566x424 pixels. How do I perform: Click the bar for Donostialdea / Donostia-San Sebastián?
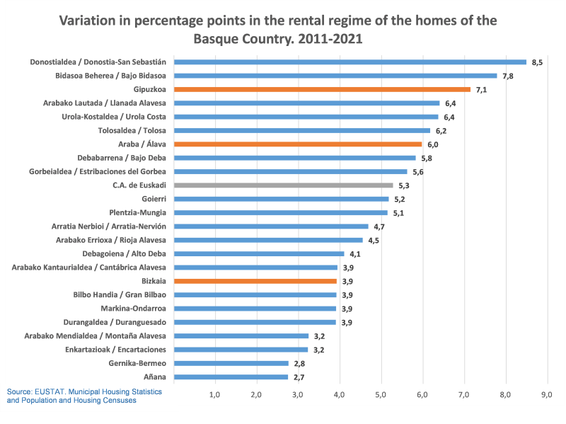coord(350,62)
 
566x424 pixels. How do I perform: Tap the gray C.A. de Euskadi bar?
coord(283,185)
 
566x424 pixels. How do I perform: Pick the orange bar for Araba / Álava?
coord(298,144)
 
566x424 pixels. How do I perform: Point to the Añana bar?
coord(231,377)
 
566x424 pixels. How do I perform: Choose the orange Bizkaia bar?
coord(255,281)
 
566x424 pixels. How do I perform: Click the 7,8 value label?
coord(507,76)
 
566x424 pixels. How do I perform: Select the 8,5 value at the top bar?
coord(536,62)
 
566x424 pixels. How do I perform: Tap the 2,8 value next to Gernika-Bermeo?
coord(299,363)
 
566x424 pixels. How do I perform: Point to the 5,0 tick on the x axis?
coord(381,394)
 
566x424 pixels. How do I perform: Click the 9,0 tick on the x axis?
coord(547,394)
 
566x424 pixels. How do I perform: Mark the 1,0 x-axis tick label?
coord(215,394)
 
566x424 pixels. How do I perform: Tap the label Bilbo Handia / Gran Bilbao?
coord(120,294)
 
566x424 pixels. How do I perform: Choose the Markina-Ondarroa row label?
coord(134,309)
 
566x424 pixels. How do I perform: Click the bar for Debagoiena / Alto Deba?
coord(259,253)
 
